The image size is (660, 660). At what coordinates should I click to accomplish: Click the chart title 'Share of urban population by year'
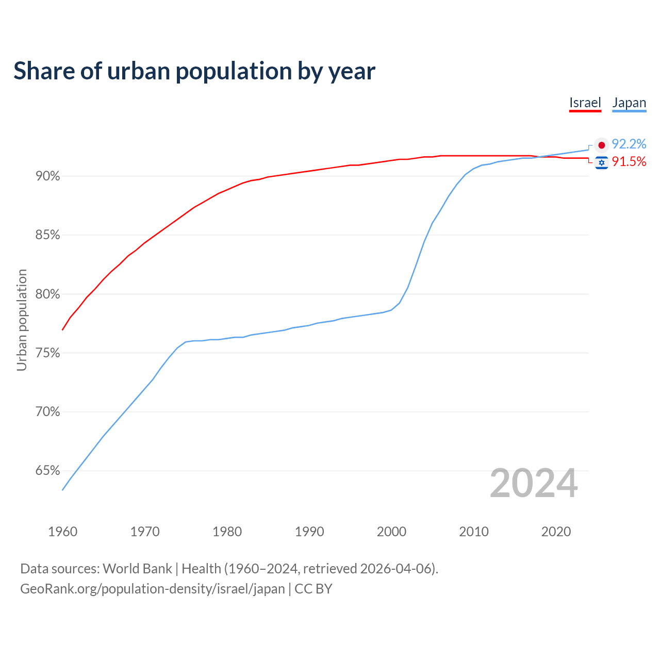pyautogui.click(x=194, y=71)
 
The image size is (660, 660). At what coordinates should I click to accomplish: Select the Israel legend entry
pyautogui.click(x=585, y=103)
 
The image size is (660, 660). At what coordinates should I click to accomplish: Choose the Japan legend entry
pyautogui.click(x=629, y=103)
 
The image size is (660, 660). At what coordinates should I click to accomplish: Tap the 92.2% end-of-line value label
pyautogui.click(x=629, y=144)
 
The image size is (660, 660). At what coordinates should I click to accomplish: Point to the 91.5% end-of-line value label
pyautogui.click(x=629, y=162)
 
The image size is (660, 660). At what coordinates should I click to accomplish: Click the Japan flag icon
pyautogui.click(x=601, y=145)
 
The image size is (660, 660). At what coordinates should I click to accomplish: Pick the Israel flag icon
pyautogui.click(x=601, y=162)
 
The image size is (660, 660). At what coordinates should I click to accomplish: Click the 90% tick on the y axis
pyautogui.click(x=47, y=176)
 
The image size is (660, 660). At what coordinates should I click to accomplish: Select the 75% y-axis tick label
pyautogui.click(x=47, y=353)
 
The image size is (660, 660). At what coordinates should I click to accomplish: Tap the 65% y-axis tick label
pyautogui.click(x=47, y=471)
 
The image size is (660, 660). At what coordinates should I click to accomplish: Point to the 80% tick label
pyautogui.click(x=47, y=294)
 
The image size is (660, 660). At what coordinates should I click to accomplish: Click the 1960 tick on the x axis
pyautogui.click(x=62, y=532)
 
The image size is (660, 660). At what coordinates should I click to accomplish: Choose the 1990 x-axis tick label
pyautogui.click(x=309, y=532)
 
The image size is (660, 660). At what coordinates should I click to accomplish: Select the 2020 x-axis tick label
pyautogui.click(x=556, y=532)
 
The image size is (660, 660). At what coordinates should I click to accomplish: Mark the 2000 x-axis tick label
pyautogui.click(x=391, y=532)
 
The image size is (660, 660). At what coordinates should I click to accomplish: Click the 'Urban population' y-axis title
pyautogui.click(x=22, y=320)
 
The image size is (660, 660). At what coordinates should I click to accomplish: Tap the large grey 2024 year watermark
pyautogui.click(x=533, y=483)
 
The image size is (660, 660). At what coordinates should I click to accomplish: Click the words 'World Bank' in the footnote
pyautogui.click(x=137, y=569)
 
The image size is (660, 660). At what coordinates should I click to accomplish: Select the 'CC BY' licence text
pyautogui.click(x=313, y=589)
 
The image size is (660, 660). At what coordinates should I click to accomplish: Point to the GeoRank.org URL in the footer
pyautogui.click(x=152, y=589)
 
